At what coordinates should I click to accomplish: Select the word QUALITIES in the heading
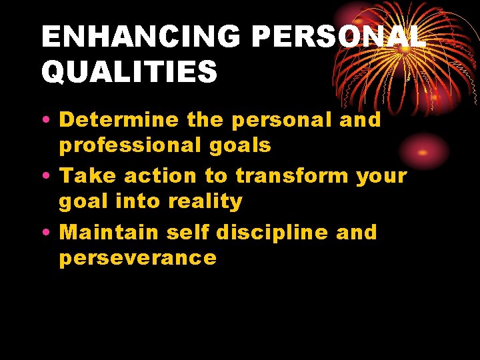click(129, 72)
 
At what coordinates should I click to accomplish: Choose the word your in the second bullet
click(382, 177)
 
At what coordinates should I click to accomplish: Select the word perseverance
click(138, 258)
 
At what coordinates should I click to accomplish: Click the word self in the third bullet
click(189, 232)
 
